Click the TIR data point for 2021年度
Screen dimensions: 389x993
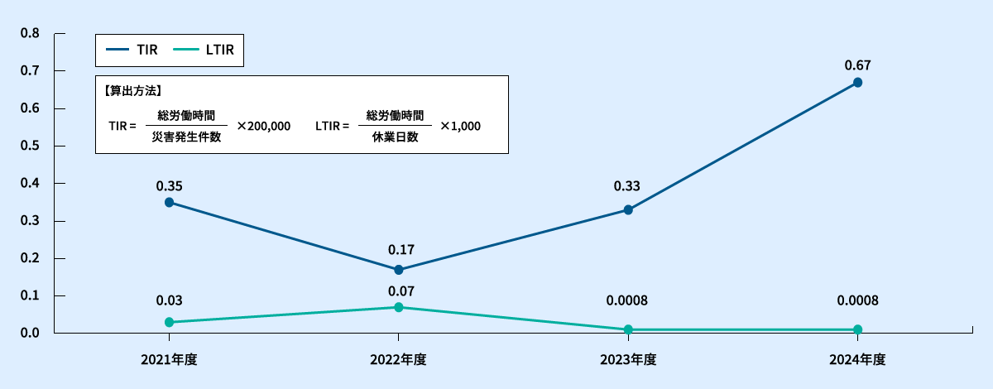click(x=169, y=202)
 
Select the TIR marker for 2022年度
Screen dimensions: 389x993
click(x=399, y=270)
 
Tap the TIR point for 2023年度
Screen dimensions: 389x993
click(x=628, y=210)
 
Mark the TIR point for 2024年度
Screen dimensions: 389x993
click(x=858, y=83)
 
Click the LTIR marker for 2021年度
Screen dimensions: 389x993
click(x=169, y=322)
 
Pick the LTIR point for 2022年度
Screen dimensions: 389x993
click(x=399, y=307)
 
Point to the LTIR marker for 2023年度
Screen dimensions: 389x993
click(x=628, y=329)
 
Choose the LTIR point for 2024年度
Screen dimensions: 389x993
click(x=858, y=329)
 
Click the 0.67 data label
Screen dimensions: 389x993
click(x=858, y=65)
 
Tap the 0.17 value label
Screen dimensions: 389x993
click(x=401, y=249)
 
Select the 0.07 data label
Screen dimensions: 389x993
click(x=401, y=291)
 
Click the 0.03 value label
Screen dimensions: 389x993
click(x=169, y=300)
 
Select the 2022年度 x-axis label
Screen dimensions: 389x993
click(x=399, y=359)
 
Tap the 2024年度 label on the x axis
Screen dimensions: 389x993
click(x=858, y=359)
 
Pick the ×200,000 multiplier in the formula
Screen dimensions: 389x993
click(x=263, y=127)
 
